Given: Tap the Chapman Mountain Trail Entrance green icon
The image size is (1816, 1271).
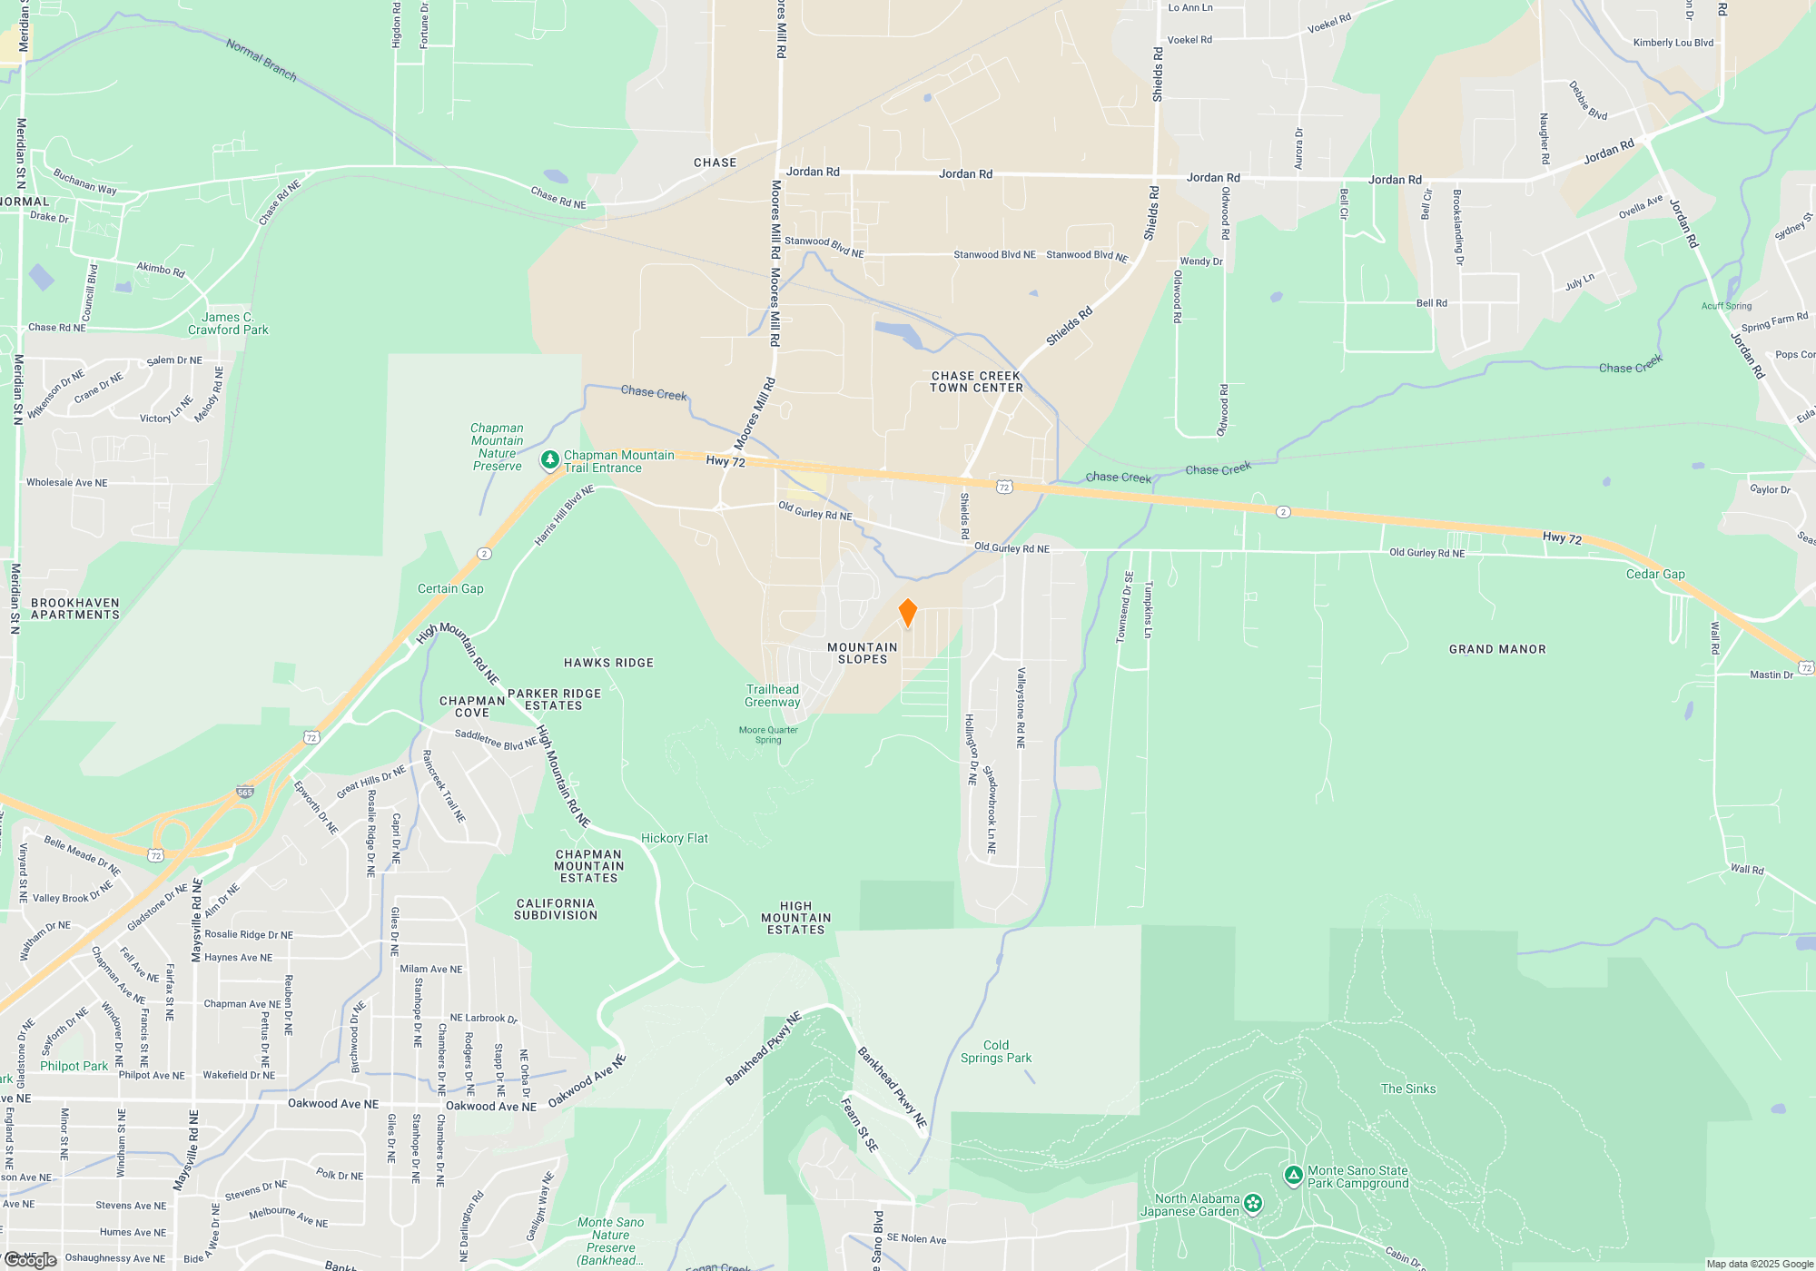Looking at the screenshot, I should click(x=549, y=461).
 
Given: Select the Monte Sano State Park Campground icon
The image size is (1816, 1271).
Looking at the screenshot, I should click(x=1294, y=1177).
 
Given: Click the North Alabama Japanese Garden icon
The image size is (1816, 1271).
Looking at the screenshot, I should click(x=1253, y=1204).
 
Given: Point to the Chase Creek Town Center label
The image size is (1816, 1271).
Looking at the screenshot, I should click(x=976, y=382).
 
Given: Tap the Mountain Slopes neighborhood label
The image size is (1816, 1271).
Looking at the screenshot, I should click(x=862, y=654).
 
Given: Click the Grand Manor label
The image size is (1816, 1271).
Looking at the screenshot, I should click(x=1497, y=650).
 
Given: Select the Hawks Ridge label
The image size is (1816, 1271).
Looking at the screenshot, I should click(x=608, y=664).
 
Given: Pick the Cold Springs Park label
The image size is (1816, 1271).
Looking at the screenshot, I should click(x=996, y=1052).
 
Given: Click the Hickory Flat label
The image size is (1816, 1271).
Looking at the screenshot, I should click(x=674, y=839).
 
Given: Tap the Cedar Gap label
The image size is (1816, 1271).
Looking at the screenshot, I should click(x=1655, y=575).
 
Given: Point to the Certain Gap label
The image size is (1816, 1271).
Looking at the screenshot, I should click(x=450, y=589).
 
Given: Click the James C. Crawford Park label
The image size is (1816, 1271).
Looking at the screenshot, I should click(x=228, y=324).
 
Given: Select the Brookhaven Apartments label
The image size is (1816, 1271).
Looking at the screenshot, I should click(x=75, y=609).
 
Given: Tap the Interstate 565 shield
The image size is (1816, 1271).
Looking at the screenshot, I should click(x=244, y=793).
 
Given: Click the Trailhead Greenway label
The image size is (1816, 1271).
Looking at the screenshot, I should click(x=773, y=696).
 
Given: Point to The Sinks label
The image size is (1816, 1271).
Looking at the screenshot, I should click(x=1408, y=1089).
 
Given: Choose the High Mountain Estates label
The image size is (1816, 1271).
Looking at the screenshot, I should click(x=795, y=918).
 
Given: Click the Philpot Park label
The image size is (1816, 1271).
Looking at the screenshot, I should click(x=74, y=1067).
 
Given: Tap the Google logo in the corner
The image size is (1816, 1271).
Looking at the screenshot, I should click(x=30, y=1260).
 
